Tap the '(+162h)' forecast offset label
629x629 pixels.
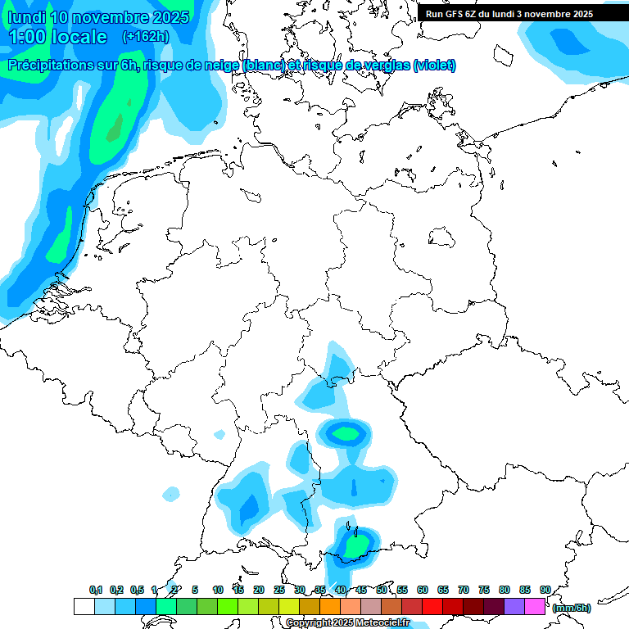click(145, 37)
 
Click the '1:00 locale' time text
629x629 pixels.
click(57, 37)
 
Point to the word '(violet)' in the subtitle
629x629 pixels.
click(434, 66)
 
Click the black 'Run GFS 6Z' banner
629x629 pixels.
click(509, 13)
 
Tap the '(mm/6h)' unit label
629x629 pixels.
click(571, 608)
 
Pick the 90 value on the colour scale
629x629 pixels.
click(545, 590)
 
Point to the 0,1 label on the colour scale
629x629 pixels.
click(95, 590)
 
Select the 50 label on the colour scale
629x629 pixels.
click(381, 590)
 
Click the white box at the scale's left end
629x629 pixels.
click(84, 607)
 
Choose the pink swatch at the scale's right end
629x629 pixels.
click(535, 607)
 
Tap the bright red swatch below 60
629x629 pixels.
click(432, 607)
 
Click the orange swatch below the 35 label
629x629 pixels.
click(330, 607)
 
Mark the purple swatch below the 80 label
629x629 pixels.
click(514, 607)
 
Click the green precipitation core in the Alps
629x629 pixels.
click(355, 544)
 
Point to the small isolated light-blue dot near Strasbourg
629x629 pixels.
click(171, 493)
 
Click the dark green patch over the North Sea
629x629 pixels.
click(114, 124)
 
